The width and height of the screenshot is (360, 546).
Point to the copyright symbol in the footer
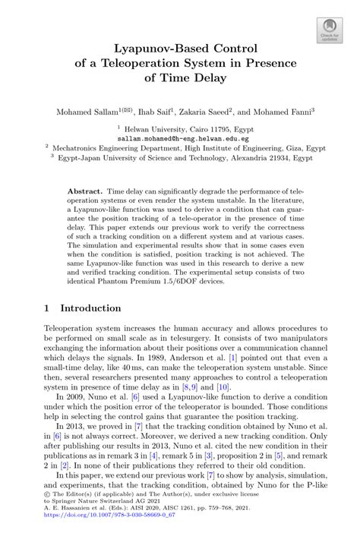(48, 513)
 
